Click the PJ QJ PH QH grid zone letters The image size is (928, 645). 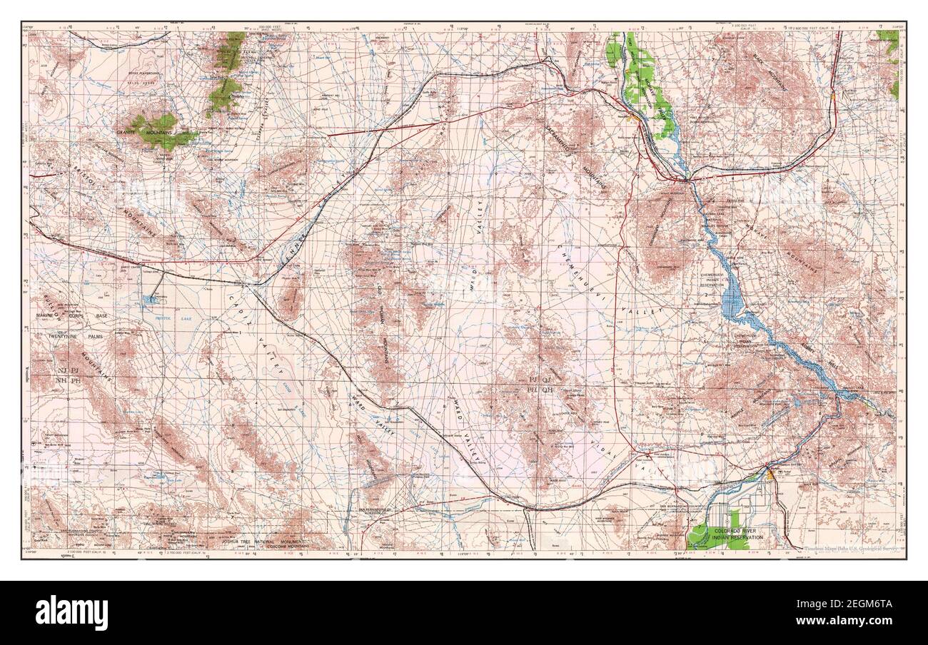[540, 385]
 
